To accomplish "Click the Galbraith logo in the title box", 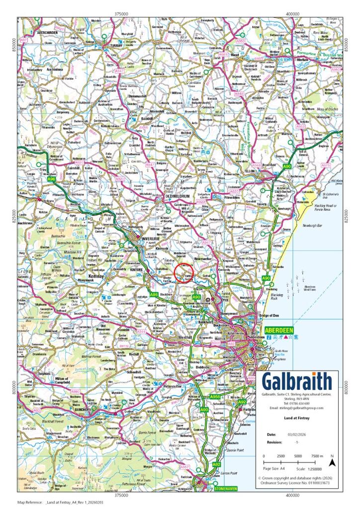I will tap(297, 382).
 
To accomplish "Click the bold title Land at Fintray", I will tap(297, 419).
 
